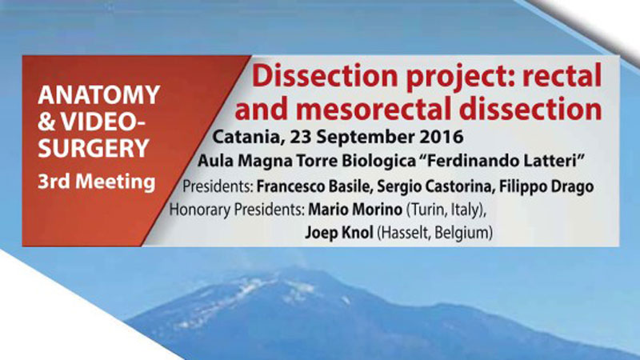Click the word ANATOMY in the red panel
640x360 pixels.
pyautogui.click(x=98, y=95)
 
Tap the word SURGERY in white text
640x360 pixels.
pyautogui.click(x=94, y=148)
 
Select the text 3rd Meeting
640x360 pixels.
pyautogui.click(x=96, y=182)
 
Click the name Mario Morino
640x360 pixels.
pyautogui.click(x=355, y=210)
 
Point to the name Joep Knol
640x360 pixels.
pyautogui.click(x=339, y=233)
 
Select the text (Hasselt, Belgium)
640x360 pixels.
pyautogui.click(x=434, y=233)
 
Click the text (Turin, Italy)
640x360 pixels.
pyautogui.click(x=446, y=210)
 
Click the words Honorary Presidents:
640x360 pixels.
pyautogui.click(x=237, y=210)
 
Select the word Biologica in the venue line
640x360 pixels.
pyautogui.click(x=378, y=162)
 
